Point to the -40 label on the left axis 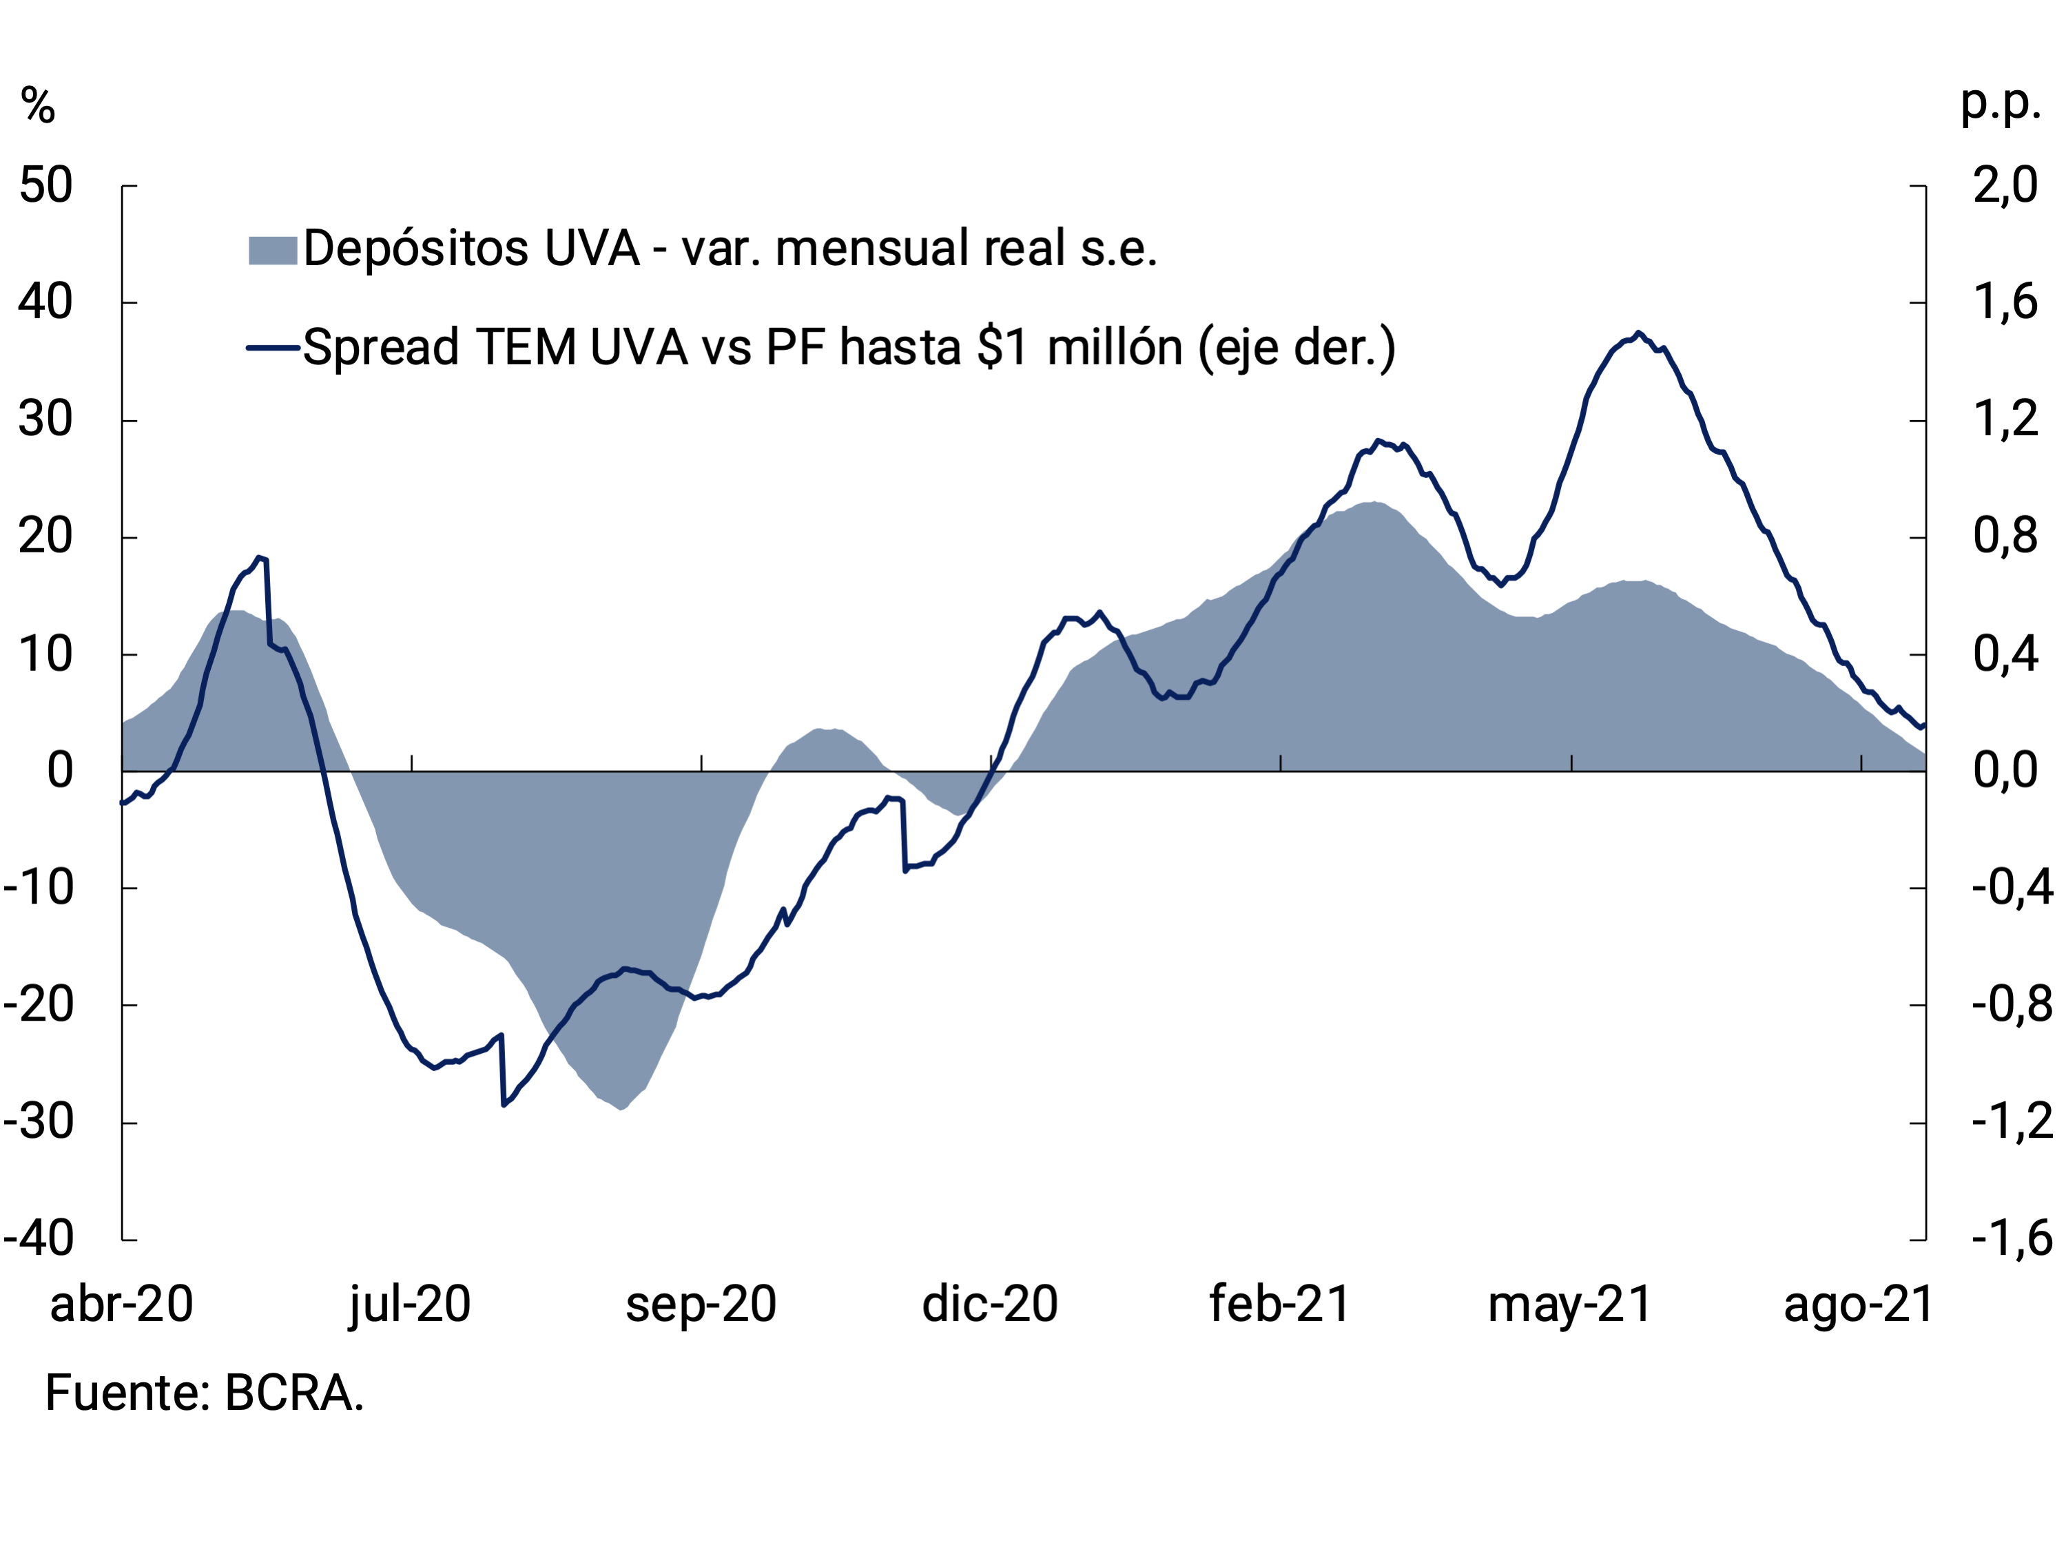pos(39,1239)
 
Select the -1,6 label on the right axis pos(2012,1239)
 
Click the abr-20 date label pos(121,1304)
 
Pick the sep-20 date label pos(701,1304)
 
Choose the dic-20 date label pos(990,1304)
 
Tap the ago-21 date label pos(1859,1304)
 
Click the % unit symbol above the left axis pos(39,105)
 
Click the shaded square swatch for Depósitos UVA pos(273,250)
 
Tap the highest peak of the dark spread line pos(1638,333)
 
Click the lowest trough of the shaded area pos(623,1108)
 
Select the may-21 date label pos(1570,1304)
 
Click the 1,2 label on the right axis pos(2005,419)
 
